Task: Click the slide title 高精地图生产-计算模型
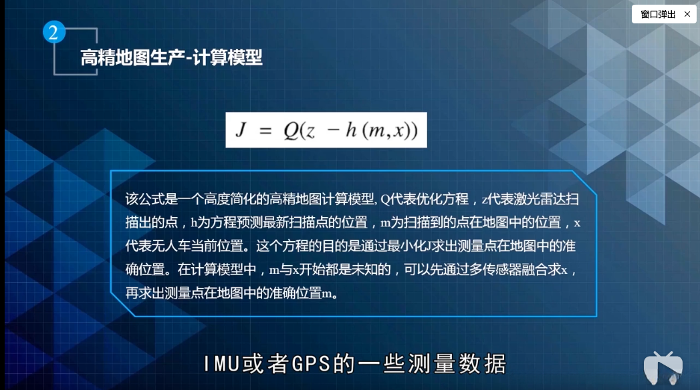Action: coord(171,58)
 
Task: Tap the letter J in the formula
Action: coord(241,131)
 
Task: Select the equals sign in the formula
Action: coord(265,132)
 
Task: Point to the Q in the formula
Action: coord(290,132)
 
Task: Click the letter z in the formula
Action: coord(310,132)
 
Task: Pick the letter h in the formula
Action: coord(350,131)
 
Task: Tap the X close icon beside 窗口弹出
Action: coord(687,14)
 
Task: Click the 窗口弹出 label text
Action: coord(658,14)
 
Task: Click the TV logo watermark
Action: coord(663,367)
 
